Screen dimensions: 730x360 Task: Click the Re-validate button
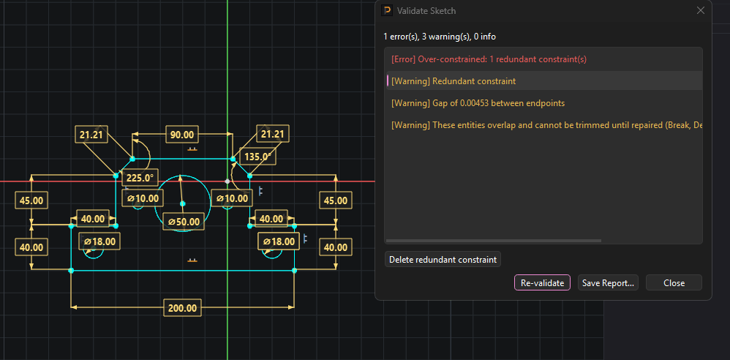click(542, 282)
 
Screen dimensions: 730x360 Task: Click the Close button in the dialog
click(674, 282)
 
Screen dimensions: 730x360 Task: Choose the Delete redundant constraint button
click(443, 260)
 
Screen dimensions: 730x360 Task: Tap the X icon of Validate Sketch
click(700, 11)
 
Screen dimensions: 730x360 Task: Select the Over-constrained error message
click(489, 59)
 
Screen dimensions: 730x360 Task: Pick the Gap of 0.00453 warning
click(478, 103)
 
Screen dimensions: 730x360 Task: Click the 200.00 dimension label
click(183, 308)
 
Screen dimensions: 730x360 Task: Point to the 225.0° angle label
click(140, 178)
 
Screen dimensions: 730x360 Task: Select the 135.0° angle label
click(257, 156)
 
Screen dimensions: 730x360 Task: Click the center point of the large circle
click(183, 203)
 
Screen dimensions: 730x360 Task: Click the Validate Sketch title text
click(426, 11)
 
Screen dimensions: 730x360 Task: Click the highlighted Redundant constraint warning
click(474, 81)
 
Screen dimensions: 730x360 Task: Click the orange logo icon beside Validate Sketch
click(386, 10)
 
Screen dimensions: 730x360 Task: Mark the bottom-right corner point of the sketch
click(294, 270)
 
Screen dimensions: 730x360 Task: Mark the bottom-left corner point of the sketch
click(71, 270)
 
